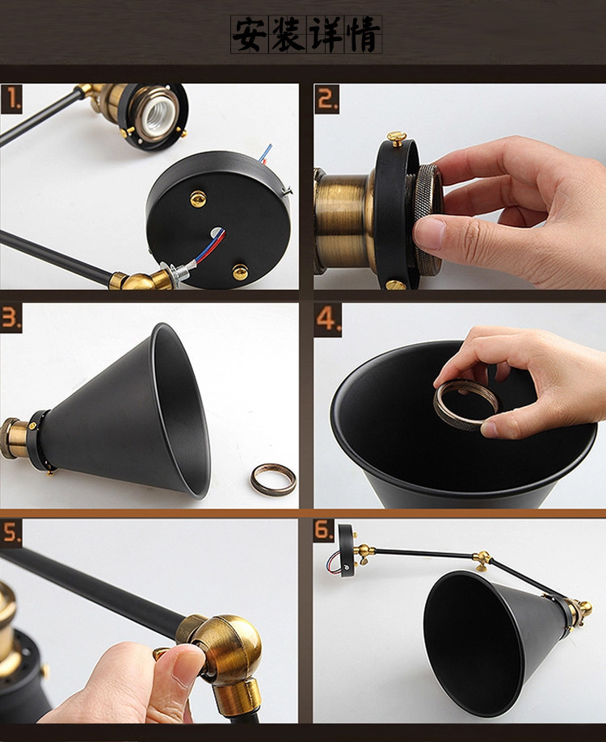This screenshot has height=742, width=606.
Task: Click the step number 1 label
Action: pos(11,99)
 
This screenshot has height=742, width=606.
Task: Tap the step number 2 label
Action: pos(327,99)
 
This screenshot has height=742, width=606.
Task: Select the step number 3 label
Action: pos(11,318)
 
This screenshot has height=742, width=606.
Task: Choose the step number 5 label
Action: pos(11,533)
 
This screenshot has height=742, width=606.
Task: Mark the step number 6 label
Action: pos(324,530)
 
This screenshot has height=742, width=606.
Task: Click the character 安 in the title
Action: pos(250,34)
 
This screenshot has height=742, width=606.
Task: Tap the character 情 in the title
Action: pos(363,34)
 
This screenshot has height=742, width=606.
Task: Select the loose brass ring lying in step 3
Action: pos(273,480)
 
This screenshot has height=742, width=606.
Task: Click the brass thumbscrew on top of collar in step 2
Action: pos(397,138)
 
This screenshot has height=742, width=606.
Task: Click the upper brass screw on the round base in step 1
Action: pos(198,199)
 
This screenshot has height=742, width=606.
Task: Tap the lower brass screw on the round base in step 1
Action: pos(240,272)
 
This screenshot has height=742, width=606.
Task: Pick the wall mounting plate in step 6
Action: pos(346,550)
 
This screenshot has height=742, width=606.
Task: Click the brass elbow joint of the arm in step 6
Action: pos(482,559)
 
